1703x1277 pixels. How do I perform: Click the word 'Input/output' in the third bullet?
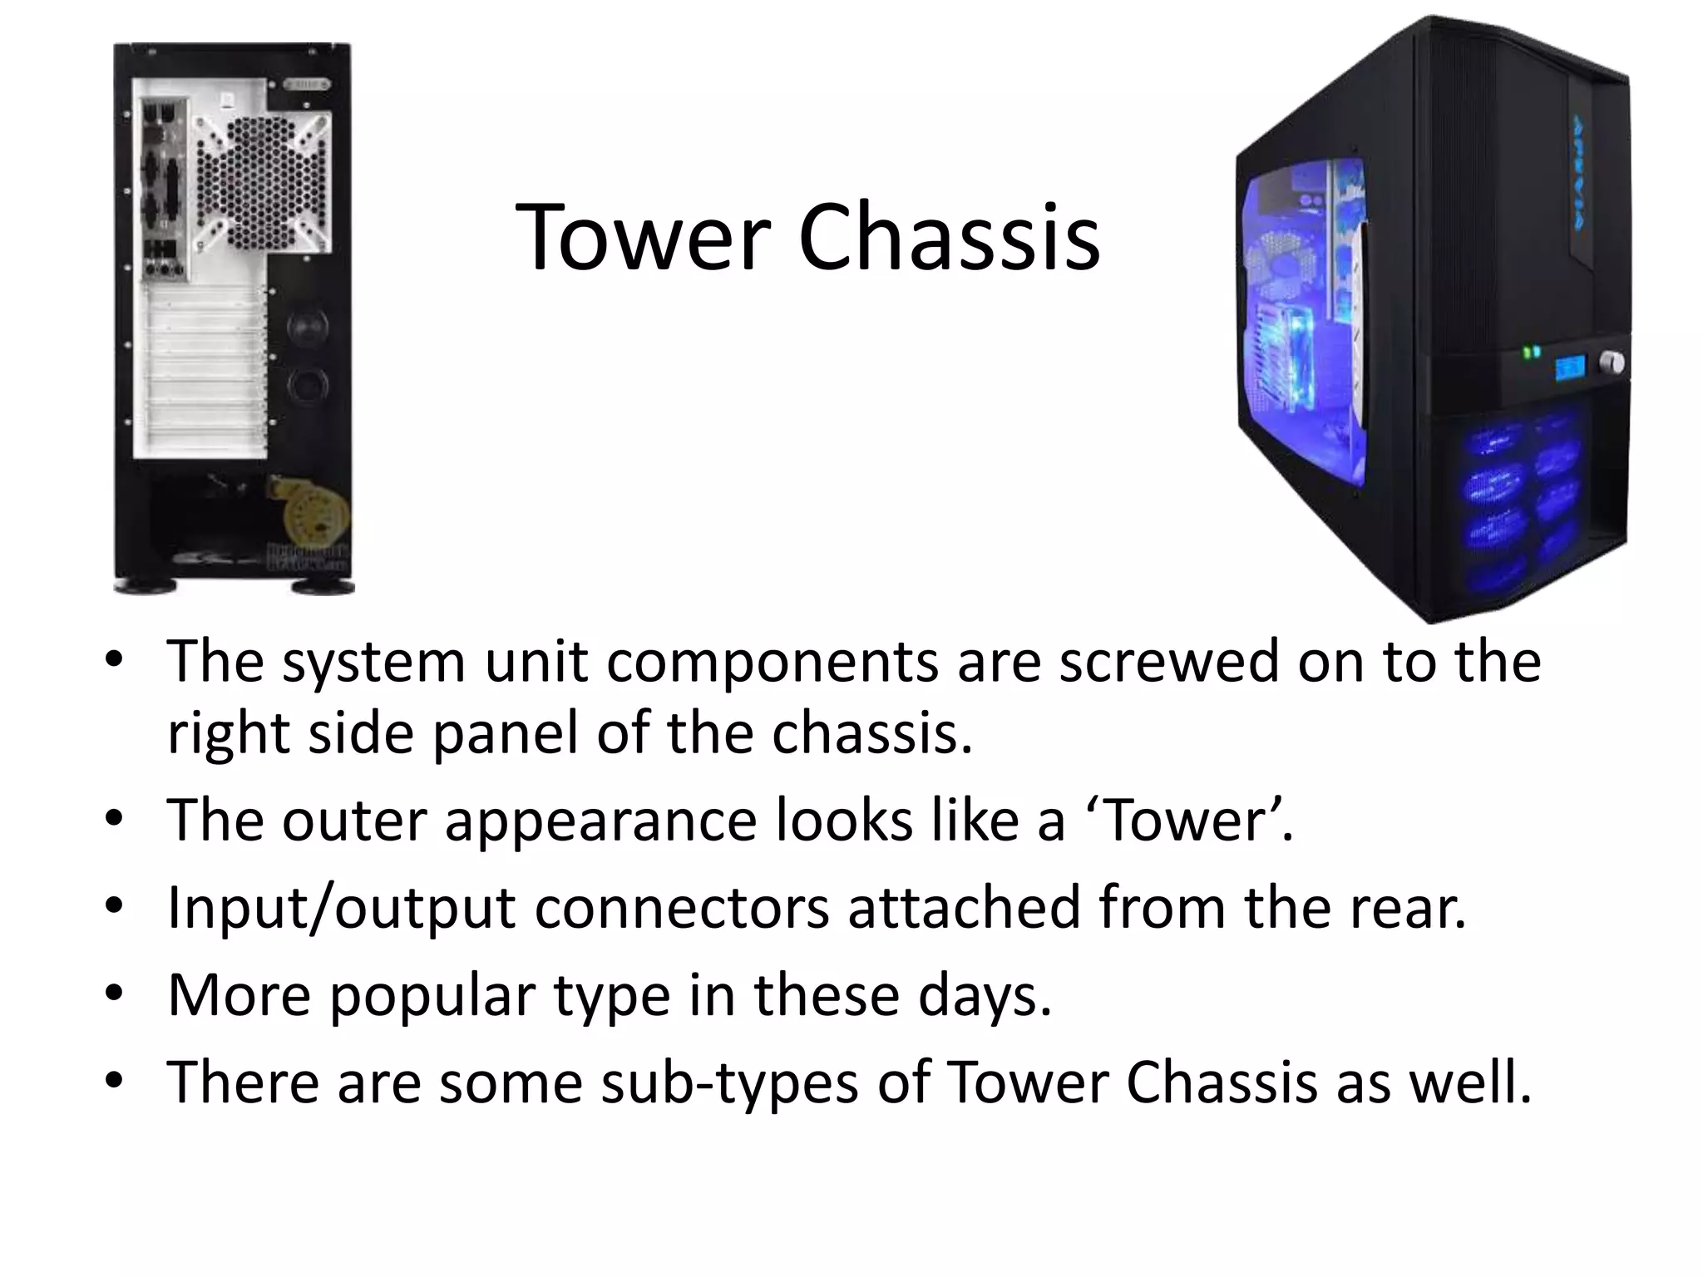341,908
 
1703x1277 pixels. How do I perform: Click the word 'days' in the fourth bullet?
985,996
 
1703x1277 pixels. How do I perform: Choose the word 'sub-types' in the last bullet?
728,1082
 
